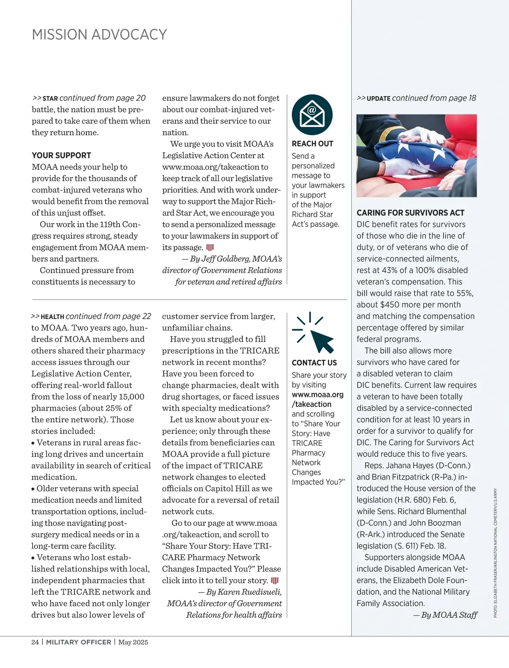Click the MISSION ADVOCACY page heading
click(99, 34)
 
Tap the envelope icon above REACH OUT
click(312, 115)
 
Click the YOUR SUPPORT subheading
click(62, 155)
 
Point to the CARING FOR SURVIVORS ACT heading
click(410, 213)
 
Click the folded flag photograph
click(417, 155)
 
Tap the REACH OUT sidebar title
click(312, 144)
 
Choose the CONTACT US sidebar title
click(314, 363)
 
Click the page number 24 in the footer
click(35, 642)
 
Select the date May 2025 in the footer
click(133, 642)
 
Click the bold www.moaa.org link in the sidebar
click(317, 394)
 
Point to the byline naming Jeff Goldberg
click(232, 259)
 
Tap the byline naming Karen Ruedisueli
click(240, 592)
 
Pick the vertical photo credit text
click(495, 553)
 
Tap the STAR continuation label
click(50, 98)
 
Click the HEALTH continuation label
click(52, 317)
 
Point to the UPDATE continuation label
click(378, 98)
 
